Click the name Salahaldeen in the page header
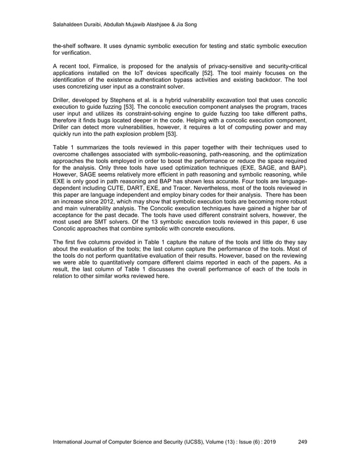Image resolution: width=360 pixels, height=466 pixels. click(70, 24)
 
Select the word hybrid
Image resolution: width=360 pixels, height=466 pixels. click(181, 100)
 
